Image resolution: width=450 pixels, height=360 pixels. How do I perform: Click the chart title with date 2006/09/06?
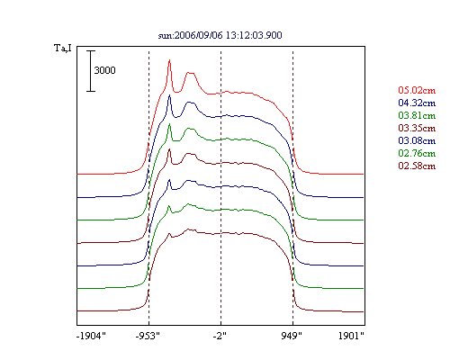coord(220,35)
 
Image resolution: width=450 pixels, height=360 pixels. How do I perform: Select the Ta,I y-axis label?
coord(63,48)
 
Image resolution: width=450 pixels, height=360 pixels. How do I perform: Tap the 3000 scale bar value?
coord(104,70)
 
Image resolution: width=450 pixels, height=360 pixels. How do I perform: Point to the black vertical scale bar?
coord(91,71)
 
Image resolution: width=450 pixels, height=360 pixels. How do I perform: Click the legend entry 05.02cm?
coord(417,90)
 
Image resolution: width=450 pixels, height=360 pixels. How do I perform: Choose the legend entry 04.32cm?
coord(417,103)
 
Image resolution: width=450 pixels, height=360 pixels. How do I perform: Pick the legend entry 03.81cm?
coord(417,115)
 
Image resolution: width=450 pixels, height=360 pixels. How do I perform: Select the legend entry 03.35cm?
coord(417,128)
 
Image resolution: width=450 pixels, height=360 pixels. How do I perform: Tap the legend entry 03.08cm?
coord(417,140)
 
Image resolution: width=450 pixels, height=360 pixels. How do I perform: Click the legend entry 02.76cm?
coord(417,153)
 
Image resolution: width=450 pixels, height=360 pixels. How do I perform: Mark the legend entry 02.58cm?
coord(417,166)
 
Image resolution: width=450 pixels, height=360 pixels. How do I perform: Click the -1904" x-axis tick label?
coord(91,336)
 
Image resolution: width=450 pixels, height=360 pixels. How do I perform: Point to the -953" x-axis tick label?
coord(148,336)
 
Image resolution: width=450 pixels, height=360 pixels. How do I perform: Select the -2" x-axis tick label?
coord(220,336)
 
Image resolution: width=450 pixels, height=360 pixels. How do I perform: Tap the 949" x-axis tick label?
coord(292,336)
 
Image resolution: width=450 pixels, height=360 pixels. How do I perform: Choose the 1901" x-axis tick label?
coord(351,336)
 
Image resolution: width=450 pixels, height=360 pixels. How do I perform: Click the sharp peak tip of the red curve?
coord(169,60)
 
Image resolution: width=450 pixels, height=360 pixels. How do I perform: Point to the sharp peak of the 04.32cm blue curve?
coord(169,95)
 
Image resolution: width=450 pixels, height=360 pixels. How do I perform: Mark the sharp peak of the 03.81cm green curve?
coord(169,124)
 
